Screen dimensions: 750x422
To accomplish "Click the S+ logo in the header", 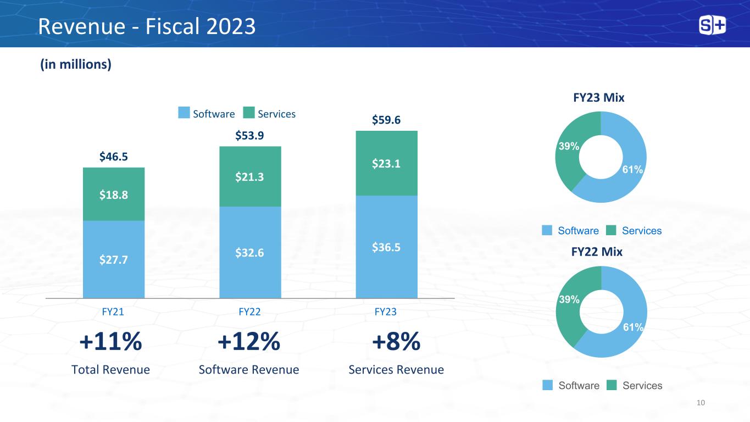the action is [x=712, y=25].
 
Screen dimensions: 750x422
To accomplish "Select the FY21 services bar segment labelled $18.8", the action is [x=114, y=195].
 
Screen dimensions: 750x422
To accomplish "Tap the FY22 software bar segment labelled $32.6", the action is [x=250, y=252].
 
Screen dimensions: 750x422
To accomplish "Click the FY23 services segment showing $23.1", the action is [x=387, y=163].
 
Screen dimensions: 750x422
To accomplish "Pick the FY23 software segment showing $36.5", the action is [x=387, y=247].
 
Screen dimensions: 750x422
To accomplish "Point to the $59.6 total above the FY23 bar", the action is [x=386, y=120].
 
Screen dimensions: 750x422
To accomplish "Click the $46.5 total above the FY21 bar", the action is [x=114, y=157].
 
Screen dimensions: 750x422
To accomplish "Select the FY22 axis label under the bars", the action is [x=249, y=312].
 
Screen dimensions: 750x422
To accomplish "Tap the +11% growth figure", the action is [x=110, y=341].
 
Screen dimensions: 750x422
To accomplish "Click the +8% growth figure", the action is [x=396, y=341].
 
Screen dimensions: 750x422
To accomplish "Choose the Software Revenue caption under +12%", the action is [x=249, y=370].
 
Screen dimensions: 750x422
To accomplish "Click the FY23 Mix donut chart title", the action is [x=599, y=97].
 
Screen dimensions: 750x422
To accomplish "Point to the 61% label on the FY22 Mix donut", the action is [x=633, y=327].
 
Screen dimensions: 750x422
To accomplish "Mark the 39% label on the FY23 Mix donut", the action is [x=569, y=146].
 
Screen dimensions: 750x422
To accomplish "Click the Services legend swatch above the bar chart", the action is [x=249, y=113].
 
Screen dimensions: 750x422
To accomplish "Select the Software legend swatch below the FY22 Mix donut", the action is [x=547, y=385].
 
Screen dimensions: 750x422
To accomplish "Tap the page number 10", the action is [x=701, y=403].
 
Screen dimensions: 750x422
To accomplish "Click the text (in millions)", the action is [x=76, y=64].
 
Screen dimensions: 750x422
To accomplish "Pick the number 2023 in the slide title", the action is [x=231, y=26].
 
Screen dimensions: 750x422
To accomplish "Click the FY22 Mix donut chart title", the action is [x=597, y=252].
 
